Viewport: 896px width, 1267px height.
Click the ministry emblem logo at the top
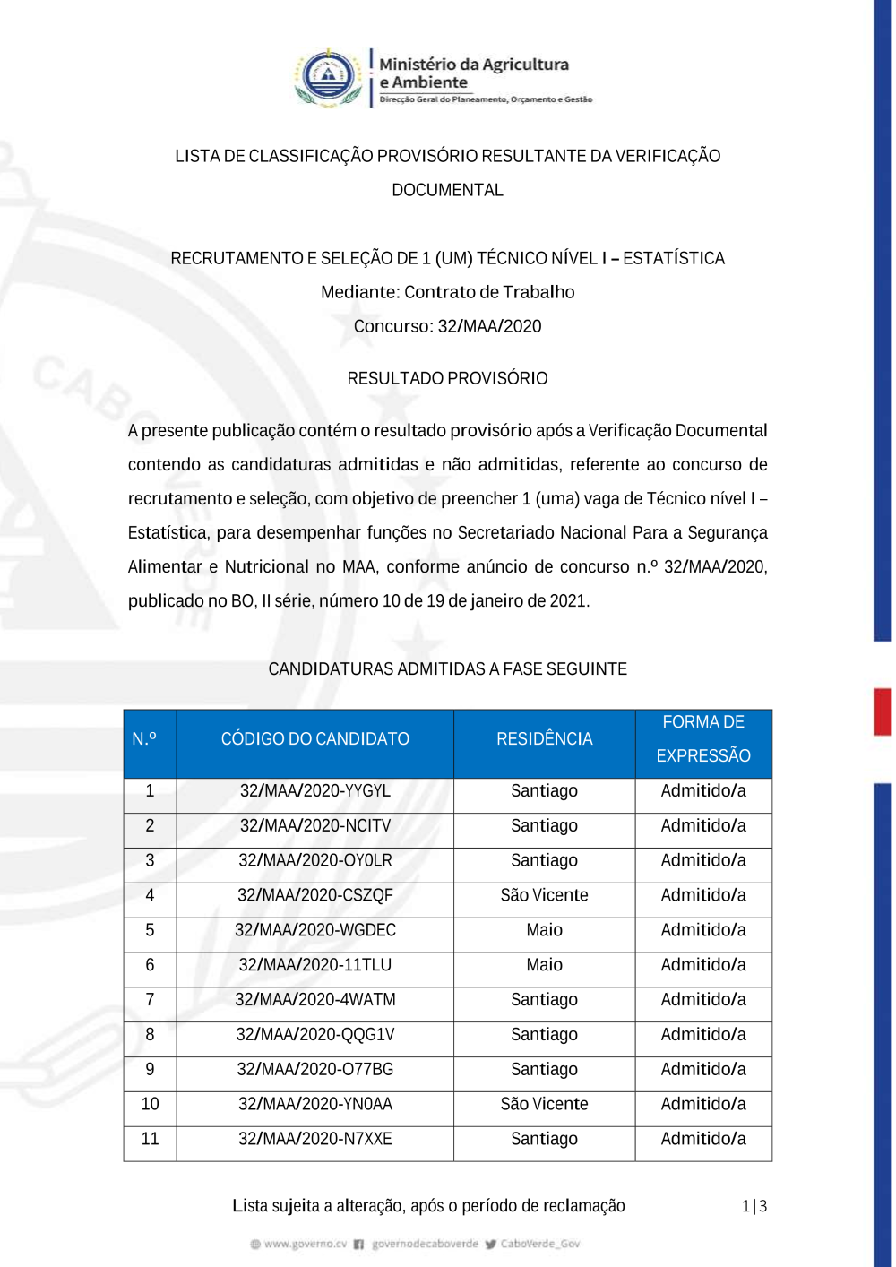328,78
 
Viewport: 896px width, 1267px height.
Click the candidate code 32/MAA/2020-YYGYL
315,791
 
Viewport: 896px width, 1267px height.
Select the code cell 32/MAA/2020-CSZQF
315,895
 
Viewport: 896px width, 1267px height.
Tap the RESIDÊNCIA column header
544,739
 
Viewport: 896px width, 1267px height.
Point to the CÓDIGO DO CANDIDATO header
315,739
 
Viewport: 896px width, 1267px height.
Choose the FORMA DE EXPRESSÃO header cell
703,739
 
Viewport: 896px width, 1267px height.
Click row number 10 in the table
150,1104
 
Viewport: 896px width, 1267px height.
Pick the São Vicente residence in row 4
544,895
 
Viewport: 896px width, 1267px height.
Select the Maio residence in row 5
544,930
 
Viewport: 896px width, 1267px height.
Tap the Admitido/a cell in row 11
703,1139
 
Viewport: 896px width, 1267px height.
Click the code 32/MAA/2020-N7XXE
315,1139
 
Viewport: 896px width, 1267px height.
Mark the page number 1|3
754,1206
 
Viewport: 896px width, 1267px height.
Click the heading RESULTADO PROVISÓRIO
447,378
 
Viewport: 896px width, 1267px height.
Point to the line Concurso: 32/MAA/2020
447,326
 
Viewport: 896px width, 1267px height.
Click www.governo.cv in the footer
305,1244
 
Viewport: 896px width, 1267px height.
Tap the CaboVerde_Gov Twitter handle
539,1244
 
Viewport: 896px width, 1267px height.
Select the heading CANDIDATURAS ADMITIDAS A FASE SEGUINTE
447,669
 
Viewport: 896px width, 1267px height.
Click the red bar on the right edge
883,711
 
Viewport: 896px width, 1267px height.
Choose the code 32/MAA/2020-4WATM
315,1000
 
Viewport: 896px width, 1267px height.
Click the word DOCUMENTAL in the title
447,190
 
